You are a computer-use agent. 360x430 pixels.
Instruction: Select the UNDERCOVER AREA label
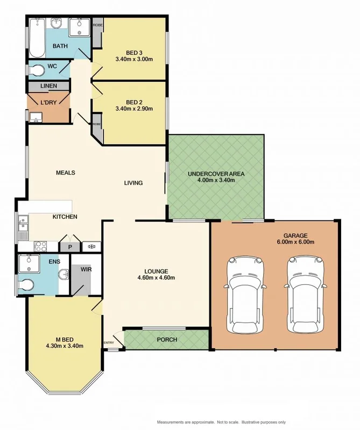[x=216, y=174]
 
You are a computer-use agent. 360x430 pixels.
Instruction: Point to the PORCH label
[x=166, y=340]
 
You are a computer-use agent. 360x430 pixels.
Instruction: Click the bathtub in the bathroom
[x=37, y=37]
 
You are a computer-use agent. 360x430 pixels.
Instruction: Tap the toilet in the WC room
[x=38, y=70]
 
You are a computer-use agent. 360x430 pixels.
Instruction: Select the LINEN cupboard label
[x=48, y=86]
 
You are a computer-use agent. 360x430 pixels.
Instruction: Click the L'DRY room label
[x=49, y=102]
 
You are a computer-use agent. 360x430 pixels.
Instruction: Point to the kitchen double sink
[x=23, y=226]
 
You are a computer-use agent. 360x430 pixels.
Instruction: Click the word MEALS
[x=65, y=173]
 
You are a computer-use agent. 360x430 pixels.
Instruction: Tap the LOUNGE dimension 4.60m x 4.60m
[x=156, y=278]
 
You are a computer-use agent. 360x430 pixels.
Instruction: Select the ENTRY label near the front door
[x=109, y=342]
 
